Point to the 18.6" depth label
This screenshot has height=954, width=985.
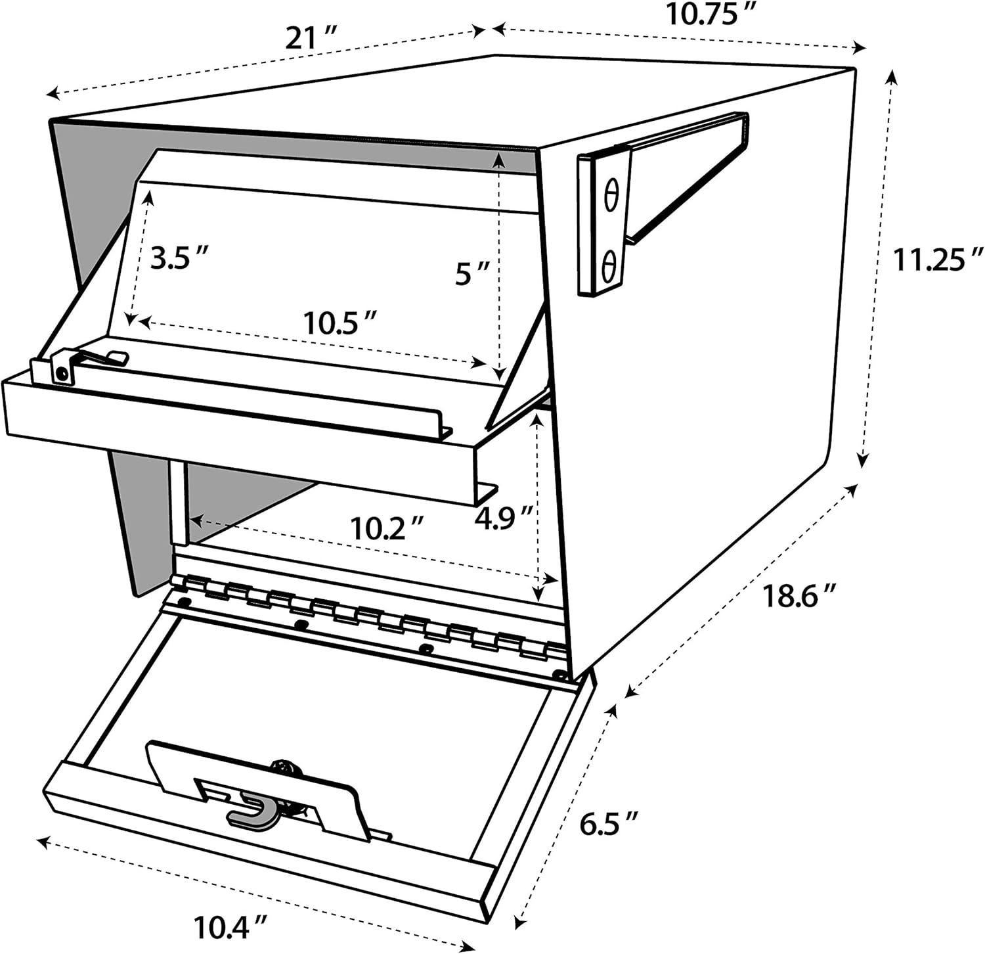click(799, 596)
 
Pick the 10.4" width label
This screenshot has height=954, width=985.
click(230, 927)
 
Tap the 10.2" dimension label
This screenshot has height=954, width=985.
click(387, 528)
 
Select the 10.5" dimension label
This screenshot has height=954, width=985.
click(339, 323)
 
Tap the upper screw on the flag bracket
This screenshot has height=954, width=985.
click(611, 196)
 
